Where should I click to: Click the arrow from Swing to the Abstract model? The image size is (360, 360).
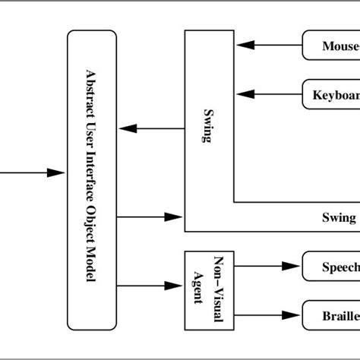151,128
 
